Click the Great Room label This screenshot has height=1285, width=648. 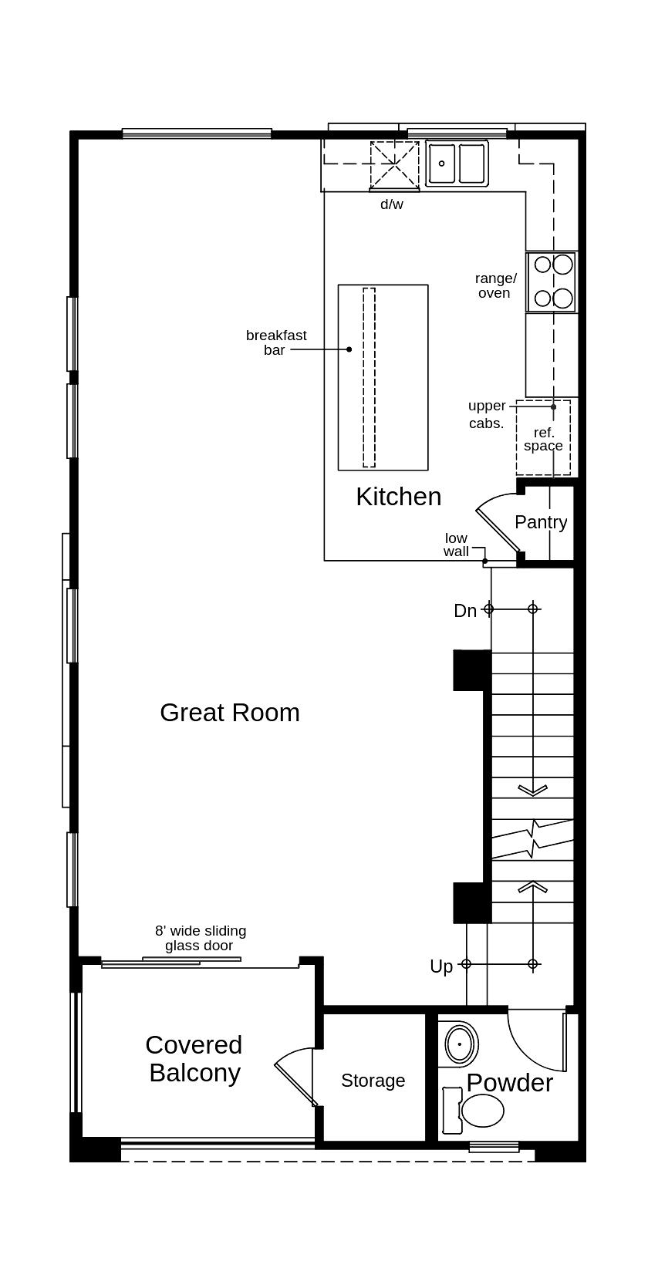click(229, 712)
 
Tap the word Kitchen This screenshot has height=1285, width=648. click(398, 497)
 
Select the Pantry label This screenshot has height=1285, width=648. click(541, 522)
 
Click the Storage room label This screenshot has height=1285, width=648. click(373, 1081)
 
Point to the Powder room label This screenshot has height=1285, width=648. click(509, 1083)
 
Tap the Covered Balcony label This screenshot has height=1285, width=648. click(194, 1059)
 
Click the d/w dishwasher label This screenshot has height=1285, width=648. click(391, 204)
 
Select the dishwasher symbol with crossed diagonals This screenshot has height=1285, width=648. click(395, 165)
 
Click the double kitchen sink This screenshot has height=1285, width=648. click(457, 164)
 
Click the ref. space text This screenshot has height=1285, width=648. click(543, 439)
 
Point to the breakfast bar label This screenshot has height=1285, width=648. click(276, 342)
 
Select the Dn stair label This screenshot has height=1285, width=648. click(464, 611)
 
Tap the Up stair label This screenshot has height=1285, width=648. click(441, 966)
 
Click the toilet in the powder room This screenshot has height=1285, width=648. click(477, 1111)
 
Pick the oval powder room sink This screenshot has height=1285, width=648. click(461, 1044)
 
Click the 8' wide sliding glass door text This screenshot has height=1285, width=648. click(200, 938)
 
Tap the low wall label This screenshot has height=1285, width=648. click(456, 545)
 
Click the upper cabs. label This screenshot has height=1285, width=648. click(487, 414)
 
